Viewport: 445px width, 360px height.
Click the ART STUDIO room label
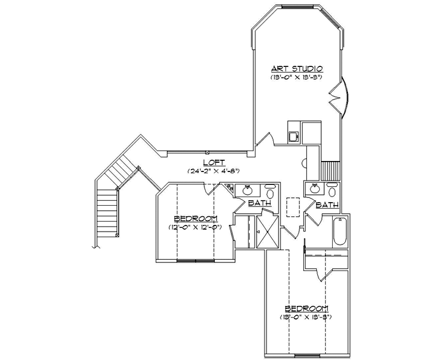click(x=297, y=68)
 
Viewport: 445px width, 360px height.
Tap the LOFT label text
click(x=212, y=162)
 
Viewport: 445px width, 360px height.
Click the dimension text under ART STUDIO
click(x=297, y=78)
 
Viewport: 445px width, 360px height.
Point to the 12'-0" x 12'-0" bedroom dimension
click(x=195, y=227)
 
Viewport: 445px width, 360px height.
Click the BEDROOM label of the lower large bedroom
click(x=306, y=308)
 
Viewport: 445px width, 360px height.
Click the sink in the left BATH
click(x=249, y=190)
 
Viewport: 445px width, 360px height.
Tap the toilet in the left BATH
click(x=270, y=190)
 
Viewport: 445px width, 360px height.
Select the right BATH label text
click(x=327, y=205)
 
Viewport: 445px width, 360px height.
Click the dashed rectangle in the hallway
click(x=293, y=207)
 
